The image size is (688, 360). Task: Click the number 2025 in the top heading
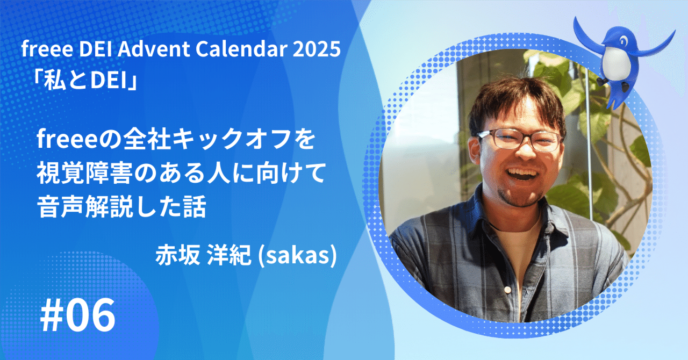coord(317,49)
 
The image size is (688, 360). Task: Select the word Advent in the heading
coord(154,49)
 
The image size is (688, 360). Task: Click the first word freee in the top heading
coord(47,49)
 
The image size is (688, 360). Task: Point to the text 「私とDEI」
coord(85,82)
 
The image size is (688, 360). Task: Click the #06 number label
coord(78,316)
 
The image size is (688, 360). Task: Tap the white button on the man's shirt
coord(507,290)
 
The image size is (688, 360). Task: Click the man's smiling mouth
coord(522,174)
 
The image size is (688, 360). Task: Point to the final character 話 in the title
coord(195,206)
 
